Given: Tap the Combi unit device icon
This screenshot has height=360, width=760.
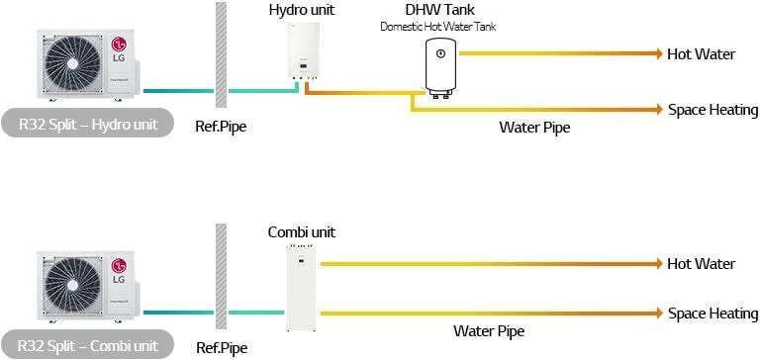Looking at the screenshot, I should [x=301, y=288].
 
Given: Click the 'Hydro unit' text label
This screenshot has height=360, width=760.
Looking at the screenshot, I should [x=301, y=10].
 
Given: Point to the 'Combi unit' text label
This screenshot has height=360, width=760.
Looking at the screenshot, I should [x=302, y=232].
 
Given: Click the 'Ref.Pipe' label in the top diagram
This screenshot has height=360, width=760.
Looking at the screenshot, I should [x=221, y=127].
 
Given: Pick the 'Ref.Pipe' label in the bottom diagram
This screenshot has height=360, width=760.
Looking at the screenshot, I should [x=221, y=347].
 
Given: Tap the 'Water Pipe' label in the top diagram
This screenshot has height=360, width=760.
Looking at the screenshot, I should [x=534, y=127].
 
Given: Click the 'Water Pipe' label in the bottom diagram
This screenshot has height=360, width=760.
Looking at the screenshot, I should [x=488, y=330].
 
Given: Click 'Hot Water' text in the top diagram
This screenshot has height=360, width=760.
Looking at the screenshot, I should [x=702, y=53].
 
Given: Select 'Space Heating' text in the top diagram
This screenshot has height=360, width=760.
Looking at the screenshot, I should [x=712, y=110].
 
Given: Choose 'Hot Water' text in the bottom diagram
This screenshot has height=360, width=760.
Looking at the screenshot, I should [x=702, y=264].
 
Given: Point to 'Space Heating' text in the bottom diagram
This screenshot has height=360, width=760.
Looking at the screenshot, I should [x=712, y=314].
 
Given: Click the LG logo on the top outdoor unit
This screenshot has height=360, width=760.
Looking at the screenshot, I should [x=119, y=45].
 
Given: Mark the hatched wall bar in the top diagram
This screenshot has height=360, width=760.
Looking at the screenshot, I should [x=221, y=58].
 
